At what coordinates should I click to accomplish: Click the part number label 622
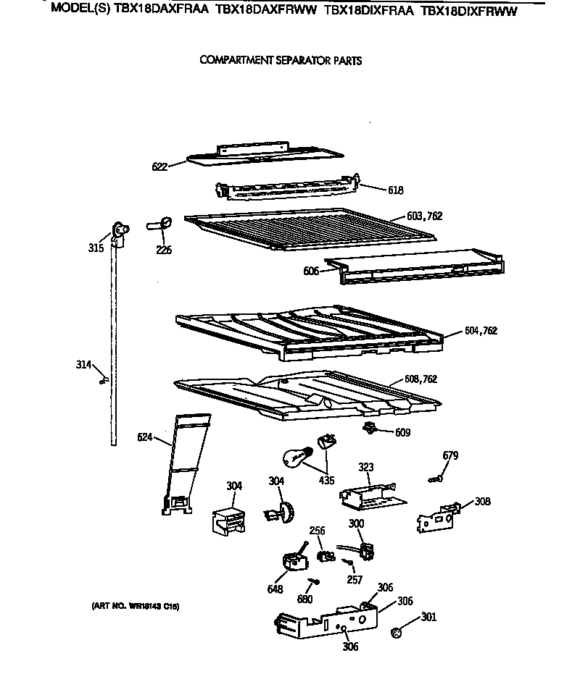(159, 167)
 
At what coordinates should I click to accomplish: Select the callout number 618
(395, 190)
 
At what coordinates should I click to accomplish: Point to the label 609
(402, 433)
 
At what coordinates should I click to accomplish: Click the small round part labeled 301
(397, 633)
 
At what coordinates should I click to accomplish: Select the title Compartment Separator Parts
(280, 61)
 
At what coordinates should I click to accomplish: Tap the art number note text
(136, 606)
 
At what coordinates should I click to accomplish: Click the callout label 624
(145, 437)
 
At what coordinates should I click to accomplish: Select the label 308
(482, 501)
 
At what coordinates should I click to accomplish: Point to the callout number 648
(275, 589)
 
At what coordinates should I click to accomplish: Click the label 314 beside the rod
(84, 364)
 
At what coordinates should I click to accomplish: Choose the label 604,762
(481, 331)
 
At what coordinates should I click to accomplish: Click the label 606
(310, 271)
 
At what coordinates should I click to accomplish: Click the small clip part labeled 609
(371, 428)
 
